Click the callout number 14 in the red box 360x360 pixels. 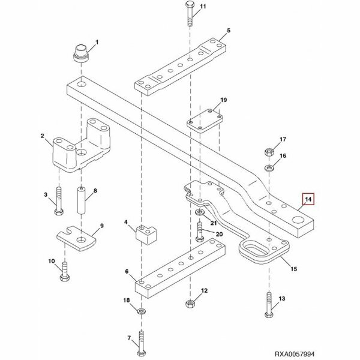(308, 200)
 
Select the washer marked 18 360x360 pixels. (140, 311)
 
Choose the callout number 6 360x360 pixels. (127, 271)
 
